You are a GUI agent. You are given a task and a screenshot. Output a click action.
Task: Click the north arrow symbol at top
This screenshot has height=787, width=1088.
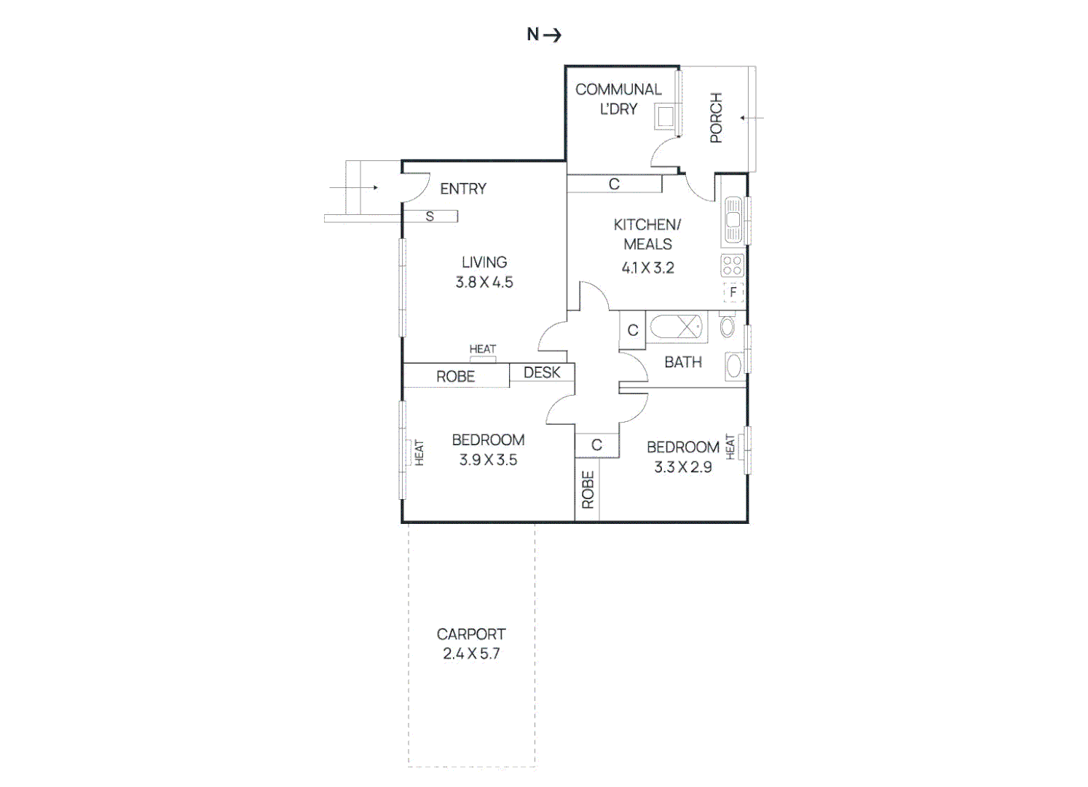click(x=544, y=35)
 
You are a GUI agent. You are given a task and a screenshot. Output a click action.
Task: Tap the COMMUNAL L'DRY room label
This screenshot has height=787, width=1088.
click(x=618, y=99)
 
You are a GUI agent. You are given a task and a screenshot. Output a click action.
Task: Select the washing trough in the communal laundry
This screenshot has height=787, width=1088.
click(x=665, y=117)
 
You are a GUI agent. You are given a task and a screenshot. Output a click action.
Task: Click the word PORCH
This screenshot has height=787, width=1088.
click(x=716, y=117)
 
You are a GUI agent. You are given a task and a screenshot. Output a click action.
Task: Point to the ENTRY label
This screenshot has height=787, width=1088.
click(x=462, y=189)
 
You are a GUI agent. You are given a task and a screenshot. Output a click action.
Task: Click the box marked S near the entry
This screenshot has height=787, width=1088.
click(x=430, y=216)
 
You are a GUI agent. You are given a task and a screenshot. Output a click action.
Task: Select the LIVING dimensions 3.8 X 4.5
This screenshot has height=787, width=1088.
click(x=484, y=283)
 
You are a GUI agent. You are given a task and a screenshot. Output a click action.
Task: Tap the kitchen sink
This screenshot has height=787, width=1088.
click(x=733, y=220)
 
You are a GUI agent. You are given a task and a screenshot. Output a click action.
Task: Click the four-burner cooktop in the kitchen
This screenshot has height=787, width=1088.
click(x=733, y=265)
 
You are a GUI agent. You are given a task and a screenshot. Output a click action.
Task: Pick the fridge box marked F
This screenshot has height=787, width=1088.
click(x=733, y=292)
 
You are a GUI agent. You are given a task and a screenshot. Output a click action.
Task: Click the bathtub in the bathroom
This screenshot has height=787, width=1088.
click(x=677, y=327)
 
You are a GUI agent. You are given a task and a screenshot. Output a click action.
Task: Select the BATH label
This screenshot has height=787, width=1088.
click(x=683, y=362)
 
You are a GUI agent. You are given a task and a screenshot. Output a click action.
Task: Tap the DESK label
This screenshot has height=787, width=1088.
click(x=542, y=372)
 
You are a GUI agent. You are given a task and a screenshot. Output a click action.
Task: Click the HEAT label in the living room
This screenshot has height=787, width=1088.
click(x=482, y=349)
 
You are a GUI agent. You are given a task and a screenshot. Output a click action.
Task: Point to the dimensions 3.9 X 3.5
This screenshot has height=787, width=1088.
click(x=488, y=461)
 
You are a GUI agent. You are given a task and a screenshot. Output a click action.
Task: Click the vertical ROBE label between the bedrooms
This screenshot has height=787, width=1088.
click(x=588, y=490)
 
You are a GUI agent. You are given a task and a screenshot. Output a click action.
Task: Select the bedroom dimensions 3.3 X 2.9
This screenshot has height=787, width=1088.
click(x=683, y=468)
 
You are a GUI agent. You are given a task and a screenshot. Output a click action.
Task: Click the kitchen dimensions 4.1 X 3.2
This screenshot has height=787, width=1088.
click(x=647, y=268)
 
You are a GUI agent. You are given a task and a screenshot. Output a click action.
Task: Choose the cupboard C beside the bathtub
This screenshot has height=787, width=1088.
click(x=633, y=330)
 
